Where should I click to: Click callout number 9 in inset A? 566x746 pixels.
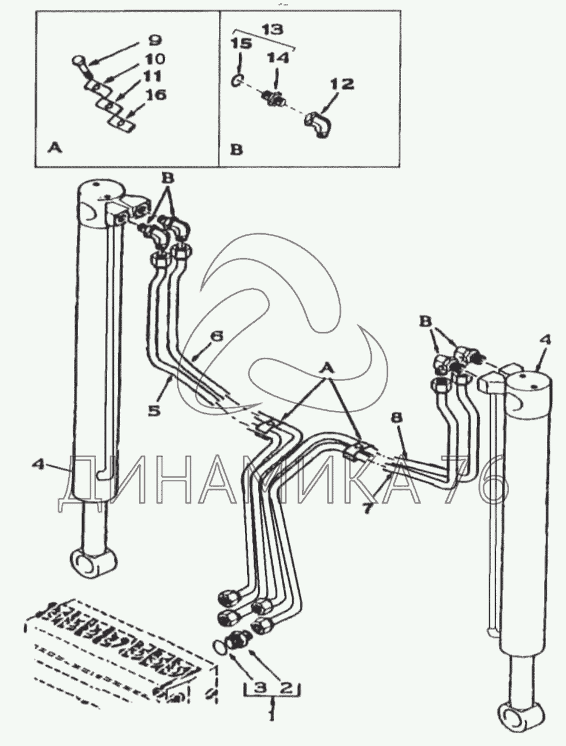point(155,41)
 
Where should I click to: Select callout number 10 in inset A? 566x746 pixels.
point(154,59)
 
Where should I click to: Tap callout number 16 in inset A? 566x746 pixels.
point(157,95)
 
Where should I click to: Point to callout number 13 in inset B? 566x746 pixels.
point(273,29)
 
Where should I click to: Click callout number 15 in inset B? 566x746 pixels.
point(241,43)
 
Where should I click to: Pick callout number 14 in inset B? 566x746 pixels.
point(277,58)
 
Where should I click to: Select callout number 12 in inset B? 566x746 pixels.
point(342,84)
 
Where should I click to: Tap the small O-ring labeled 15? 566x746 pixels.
point(237,81)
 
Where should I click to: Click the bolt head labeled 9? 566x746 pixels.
point(77,61)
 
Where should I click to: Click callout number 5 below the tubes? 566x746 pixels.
point(154,411)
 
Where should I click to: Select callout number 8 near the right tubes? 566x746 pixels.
point(397,417)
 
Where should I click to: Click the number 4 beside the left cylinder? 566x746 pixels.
point(39,463)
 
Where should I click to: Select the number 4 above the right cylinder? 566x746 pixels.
point(545,340)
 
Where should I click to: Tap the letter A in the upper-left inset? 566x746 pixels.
point(55,148)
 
